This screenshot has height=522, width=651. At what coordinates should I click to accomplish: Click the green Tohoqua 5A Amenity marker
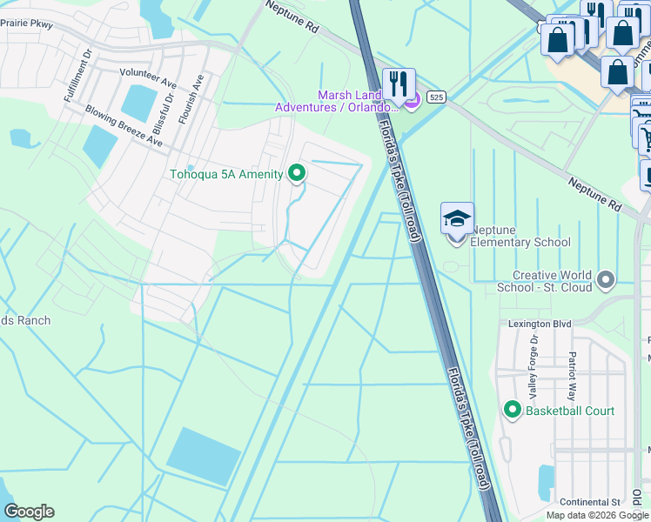tap(297, 174)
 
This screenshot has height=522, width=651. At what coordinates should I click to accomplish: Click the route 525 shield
tap(437, 97)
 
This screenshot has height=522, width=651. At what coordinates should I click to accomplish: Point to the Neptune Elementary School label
tap(520, 236)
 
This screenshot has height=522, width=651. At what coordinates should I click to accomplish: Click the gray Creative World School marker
tap(607, 280)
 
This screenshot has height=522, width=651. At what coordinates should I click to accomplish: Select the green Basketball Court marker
tap(512, 410)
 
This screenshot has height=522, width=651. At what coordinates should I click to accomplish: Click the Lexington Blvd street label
tap(540, 324)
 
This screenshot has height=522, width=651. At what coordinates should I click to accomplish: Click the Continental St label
tap(589, 503)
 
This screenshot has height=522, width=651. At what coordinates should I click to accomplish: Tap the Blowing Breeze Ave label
tap(124, 125)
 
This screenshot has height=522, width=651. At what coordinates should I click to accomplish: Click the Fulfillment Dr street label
tap(77, 77)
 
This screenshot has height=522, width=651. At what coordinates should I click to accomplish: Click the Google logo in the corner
tap(29, 512)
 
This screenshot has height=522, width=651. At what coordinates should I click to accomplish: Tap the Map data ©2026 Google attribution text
tap(597, 515)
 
